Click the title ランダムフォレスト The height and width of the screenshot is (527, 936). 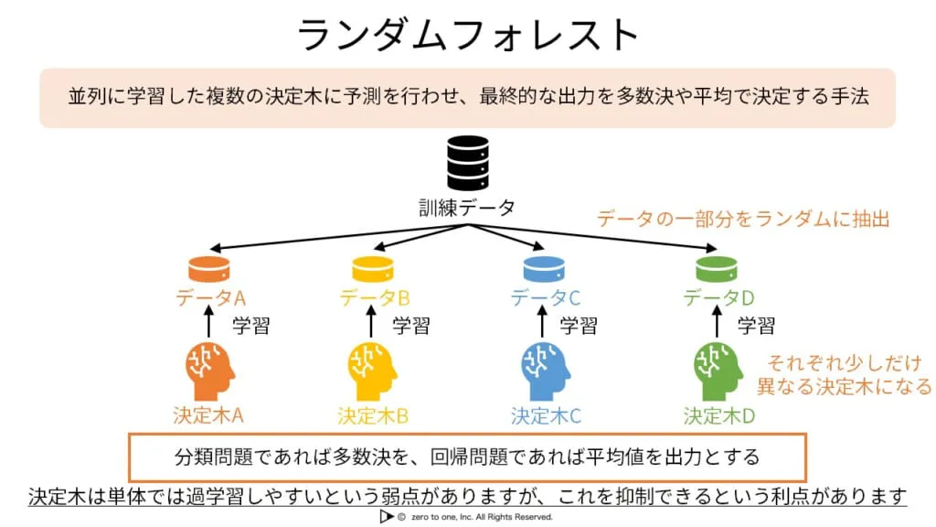point(467,35)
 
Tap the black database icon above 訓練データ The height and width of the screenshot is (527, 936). point(466,163)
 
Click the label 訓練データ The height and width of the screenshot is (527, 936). point(466,208)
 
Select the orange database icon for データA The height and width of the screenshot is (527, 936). point(211,269)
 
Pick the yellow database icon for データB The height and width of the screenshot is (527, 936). point(372,269)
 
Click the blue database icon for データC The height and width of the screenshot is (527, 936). point(545,269)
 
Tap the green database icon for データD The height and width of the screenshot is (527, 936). point(717,269)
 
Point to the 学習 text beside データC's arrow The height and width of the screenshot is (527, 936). point(579,325)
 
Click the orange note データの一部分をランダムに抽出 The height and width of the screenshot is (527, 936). point(742,219)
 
